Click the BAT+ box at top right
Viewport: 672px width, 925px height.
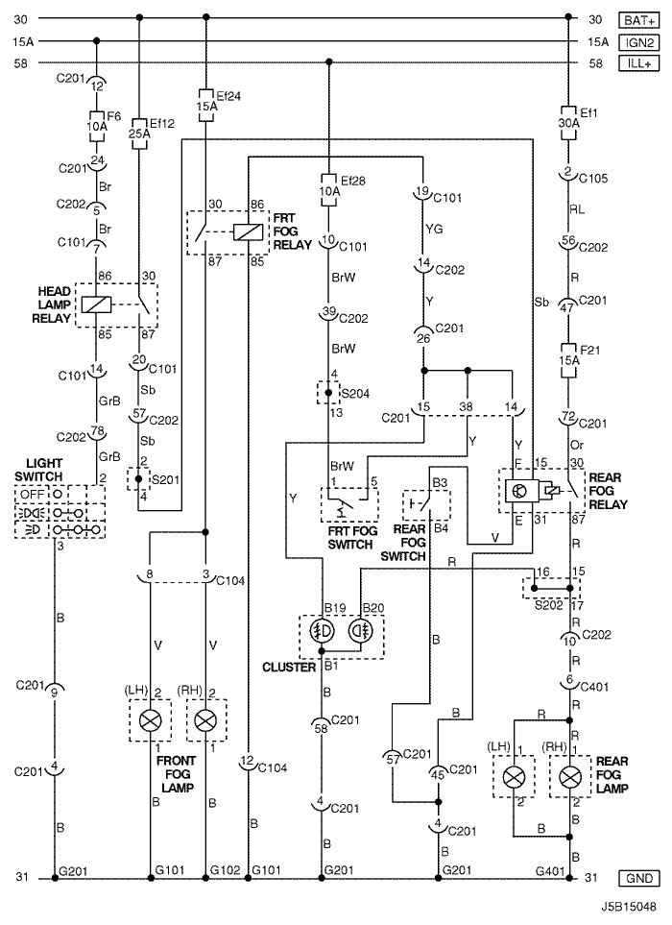(x=638, y=19)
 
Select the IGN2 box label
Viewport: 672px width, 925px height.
(x=638, y=41)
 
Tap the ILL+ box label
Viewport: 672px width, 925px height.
(x=638, y=63)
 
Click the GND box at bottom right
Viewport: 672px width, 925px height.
(x=639, y=878)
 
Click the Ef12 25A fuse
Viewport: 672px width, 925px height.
(x=140, y=134)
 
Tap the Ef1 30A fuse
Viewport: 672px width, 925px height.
(x=569, y=122)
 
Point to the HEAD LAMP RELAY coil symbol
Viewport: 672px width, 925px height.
(x=97, y=304)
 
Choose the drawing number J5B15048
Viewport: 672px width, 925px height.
(x=629, y=906)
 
